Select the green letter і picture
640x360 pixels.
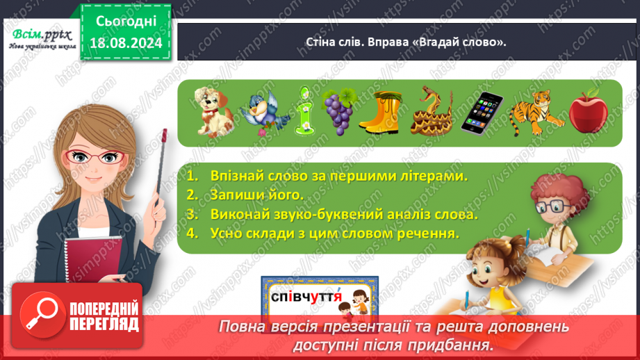click(x=304, y=110)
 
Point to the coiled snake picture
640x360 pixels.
click(x=431, y=110)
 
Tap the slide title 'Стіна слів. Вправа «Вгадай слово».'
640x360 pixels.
click(x=406, y=42)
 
